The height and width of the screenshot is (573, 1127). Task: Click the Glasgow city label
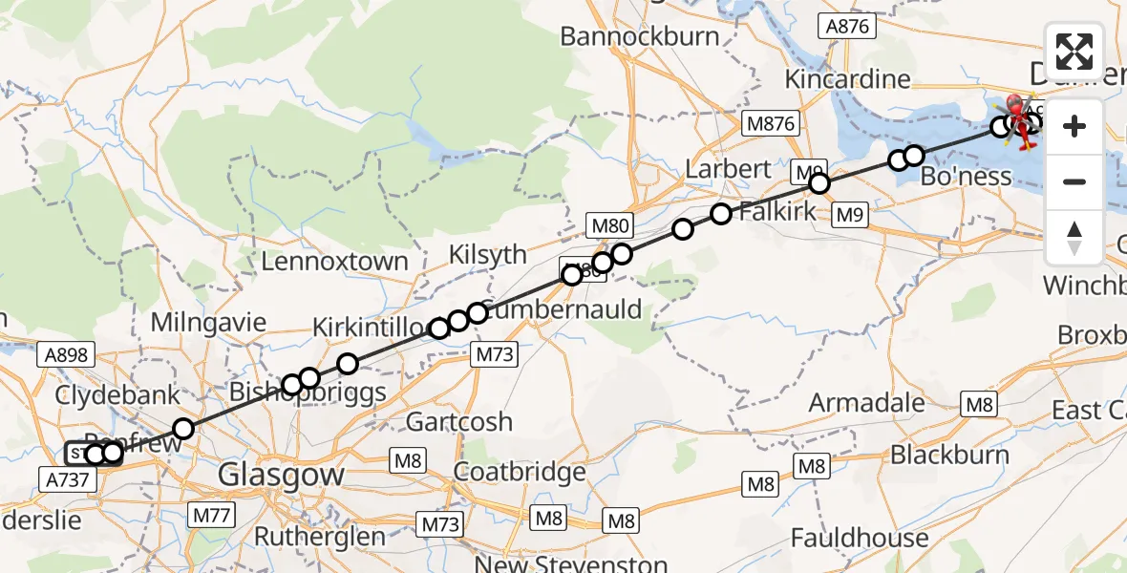tap(281, 474)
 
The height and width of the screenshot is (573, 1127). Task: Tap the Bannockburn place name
tap(639, 36)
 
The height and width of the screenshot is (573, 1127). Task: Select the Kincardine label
tap(844, 78)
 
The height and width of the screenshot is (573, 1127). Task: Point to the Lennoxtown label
tap(334, 261)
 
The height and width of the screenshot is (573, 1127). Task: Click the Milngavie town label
tap(206, 322)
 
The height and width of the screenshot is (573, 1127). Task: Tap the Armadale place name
tap(866, 402)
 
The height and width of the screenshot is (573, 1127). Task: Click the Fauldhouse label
tap(859, 539)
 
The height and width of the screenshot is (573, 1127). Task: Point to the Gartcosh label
tap(458, 421)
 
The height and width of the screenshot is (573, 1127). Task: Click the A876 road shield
tap(847, 26)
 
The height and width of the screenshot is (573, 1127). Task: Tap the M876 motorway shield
tap(770, 124)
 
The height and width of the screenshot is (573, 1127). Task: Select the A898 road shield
tap(66, 355)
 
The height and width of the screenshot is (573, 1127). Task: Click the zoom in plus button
tap(1074, 126)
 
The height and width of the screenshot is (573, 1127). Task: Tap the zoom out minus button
tap(1074, 181)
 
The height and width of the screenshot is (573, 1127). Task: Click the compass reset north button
tap(1074, 237)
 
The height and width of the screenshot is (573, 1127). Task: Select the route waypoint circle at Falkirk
tap(720, 214)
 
